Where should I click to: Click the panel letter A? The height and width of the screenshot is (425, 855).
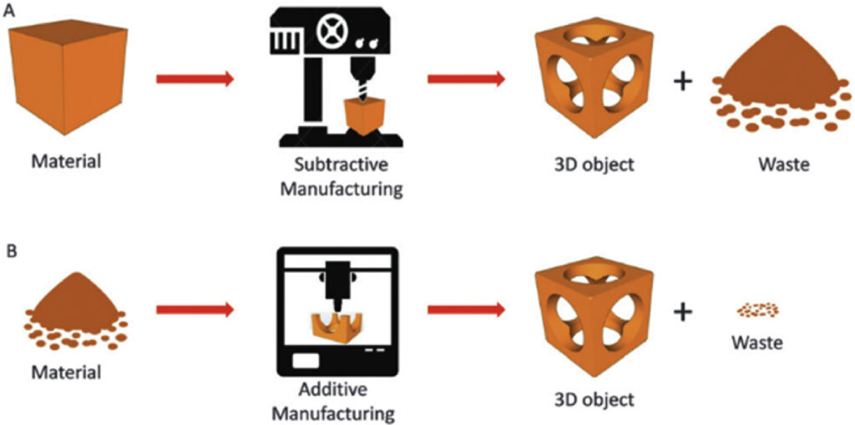8,10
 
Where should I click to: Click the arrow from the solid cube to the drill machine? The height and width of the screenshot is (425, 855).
195,79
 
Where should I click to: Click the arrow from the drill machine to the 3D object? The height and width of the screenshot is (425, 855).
466,79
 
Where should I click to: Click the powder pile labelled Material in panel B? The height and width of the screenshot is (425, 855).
76,310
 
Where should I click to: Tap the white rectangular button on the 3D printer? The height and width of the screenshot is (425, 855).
306,362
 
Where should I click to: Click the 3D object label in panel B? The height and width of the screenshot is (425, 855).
592,399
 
